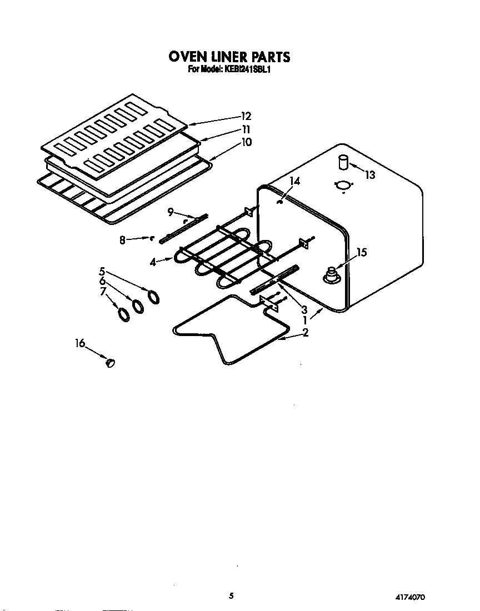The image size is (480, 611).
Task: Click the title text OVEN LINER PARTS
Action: click(229, 57)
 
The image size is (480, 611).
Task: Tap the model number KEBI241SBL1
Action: click(248, 70)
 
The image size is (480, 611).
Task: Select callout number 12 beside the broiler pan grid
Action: click(246, 116)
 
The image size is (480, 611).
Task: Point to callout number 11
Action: click(246, 129)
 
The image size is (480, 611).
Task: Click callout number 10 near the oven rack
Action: click(246, 142)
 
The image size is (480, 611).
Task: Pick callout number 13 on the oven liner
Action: click(369, 175)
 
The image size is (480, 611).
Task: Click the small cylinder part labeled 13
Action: click(342, 163)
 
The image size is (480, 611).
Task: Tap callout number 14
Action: click(294, 181)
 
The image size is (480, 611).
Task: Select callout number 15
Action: click(361, 252)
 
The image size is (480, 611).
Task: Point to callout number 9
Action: click(171, 212)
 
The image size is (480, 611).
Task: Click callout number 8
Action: click(122, 240)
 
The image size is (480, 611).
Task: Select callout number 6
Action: click(102, 282)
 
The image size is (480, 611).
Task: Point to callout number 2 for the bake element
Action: click(305, 333)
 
